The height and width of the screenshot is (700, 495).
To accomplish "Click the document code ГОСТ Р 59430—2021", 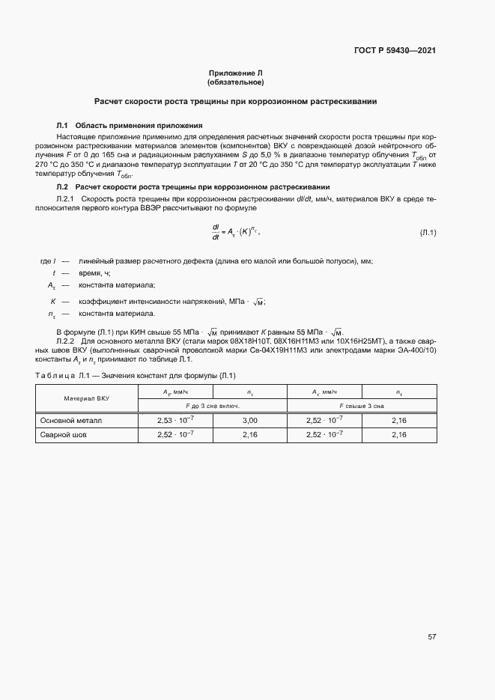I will coord(395,51).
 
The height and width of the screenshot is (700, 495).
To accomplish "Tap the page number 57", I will coord(432,637).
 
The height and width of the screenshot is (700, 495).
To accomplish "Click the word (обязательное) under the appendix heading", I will coord(235,82).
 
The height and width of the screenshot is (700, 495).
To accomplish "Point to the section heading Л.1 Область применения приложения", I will coord(130,125).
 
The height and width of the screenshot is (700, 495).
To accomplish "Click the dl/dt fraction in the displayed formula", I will coord(216,233).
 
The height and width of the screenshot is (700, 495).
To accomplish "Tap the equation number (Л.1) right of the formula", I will coord(428,234).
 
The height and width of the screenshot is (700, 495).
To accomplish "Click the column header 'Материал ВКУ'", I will coord(86,398).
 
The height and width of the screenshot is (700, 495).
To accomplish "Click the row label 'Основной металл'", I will coord(70,421).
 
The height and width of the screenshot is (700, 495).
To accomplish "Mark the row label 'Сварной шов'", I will coord(63,434).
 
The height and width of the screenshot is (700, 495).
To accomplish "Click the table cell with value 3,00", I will coord(250,421).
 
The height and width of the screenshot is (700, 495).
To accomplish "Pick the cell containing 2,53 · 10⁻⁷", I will coord(175,421).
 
